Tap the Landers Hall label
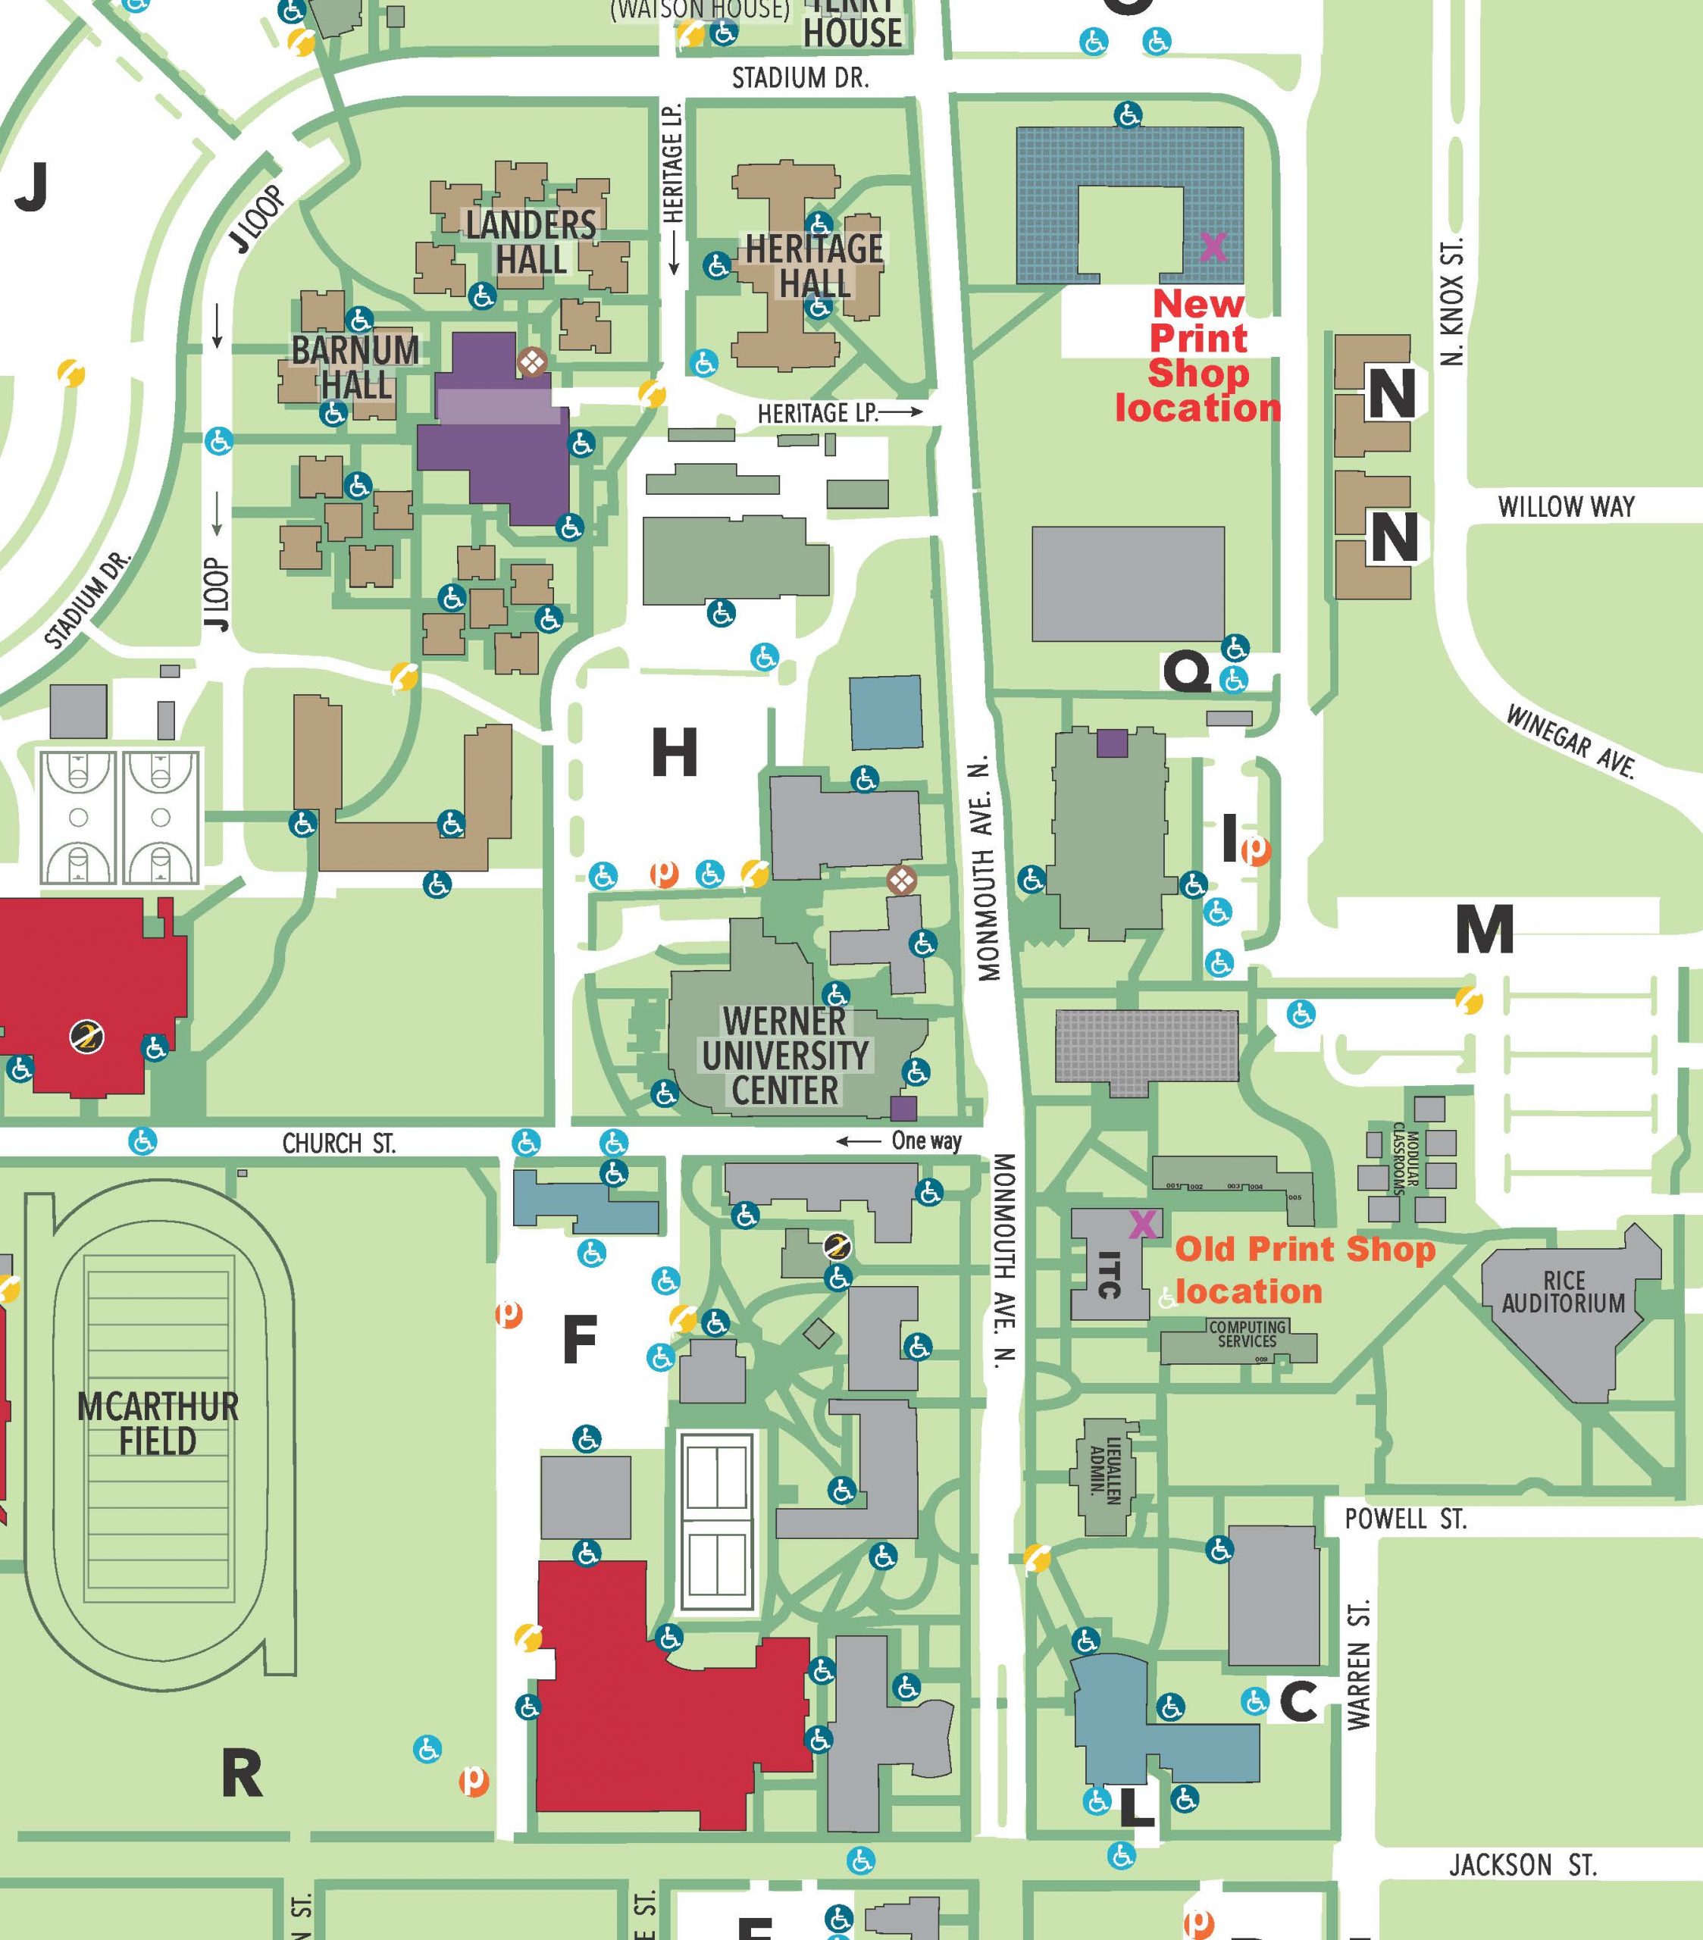coord(531,242)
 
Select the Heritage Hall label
coord(813,266)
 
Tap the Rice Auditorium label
coord(1563,1292)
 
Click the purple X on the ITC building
coord(1143,1225)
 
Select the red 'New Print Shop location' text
coord(1198,356)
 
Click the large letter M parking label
coord(1484,929)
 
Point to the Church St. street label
coord(339,1144)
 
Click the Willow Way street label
coord(1567,507)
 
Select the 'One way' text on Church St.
coord(925,1141)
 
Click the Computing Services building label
coord(1248,1334)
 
